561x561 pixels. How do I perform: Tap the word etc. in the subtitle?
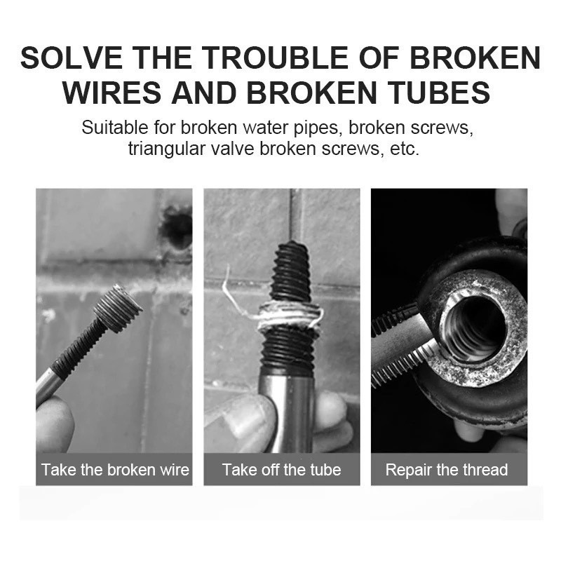pos(405,149)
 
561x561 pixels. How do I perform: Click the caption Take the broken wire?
pos(115,469)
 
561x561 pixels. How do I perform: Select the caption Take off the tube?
pos(282,469)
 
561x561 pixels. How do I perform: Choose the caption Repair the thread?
pos(447,469)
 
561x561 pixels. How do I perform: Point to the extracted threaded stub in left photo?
pos(117,309)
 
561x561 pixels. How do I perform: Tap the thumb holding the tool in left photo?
pos(54,426)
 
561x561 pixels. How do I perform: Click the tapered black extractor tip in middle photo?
pos(290,272)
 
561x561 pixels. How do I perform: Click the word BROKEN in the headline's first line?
pos(475,58)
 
